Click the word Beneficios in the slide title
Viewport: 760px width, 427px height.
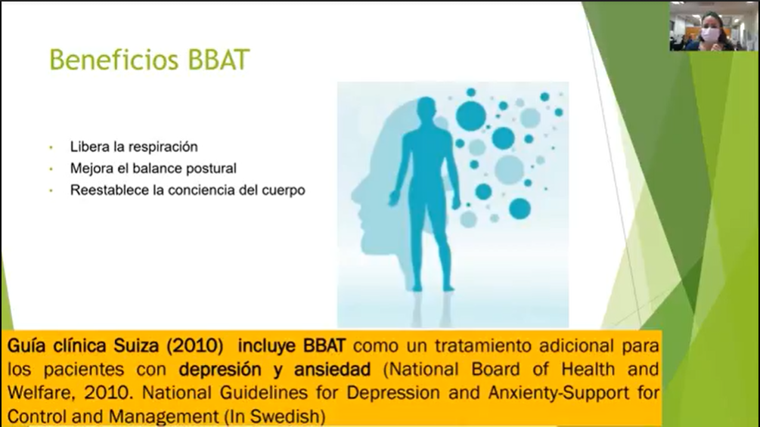[x=114, y=60]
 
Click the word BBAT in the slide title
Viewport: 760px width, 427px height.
[x=218, y=60]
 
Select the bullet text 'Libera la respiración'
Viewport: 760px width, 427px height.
[x=134, y=147]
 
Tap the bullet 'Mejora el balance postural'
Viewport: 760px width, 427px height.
[x=154, y=169]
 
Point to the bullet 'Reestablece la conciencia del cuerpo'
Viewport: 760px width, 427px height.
[x=188, y=190]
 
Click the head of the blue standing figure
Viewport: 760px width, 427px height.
[x=427, y=111]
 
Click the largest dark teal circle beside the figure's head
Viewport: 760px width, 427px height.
[x=470, y=116]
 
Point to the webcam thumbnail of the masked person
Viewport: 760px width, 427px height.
[x=713, y=26]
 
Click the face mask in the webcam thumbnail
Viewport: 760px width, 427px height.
[x=709, y=36]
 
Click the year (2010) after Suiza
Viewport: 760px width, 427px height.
[x=195, y=346]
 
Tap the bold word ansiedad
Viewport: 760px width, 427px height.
[x=333, y=369]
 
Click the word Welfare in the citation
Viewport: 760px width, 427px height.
[x=41, y=393]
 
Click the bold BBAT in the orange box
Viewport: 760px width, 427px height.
[x=324, y=345]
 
